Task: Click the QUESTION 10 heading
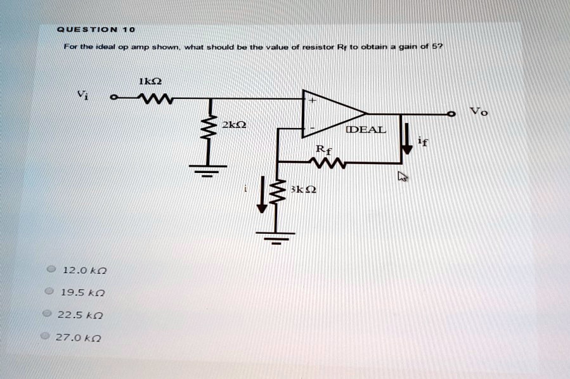tap(95, 29)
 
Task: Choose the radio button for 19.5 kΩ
tap(48, 292)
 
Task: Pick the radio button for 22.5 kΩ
tap(46, 314)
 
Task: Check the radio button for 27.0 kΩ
tap(44, 336)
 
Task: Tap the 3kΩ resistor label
tap(302, 189)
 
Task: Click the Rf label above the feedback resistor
tap(323, 151)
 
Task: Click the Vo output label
tap(479, 112)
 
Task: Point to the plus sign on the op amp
tap(312, 100)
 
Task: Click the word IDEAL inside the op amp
tap(365, 130)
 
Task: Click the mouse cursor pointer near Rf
tap(401, 177)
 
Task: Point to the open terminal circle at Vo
tap(451, 114)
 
